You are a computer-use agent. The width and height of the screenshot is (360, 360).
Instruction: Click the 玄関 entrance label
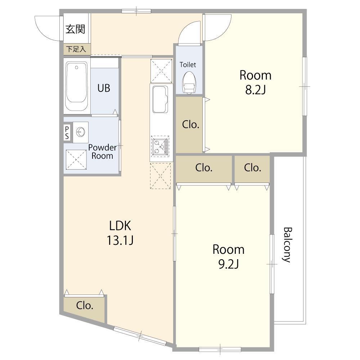pyautogui.click(x=75, y=29)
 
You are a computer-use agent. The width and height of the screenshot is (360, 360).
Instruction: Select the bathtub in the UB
pyautogui.click(x=77, y=86)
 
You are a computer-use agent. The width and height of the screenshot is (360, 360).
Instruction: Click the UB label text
pyautogui.click(x=104, y=88)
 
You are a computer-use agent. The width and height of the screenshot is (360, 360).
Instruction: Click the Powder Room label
pyautogui.click(x=102, y=152)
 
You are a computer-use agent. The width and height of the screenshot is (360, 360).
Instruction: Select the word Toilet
pyautogui.click(x=188, y=65)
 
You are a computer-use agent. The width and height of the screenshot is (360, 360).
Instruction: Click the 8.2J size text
pyautogui.click(x=255, y=90)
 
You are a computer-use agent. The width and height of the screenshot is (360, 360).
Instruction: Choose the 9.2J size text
pyautogui.click(x=228, y=265)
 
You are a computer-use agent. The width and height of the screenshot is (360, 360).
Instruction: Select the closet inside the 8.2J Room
pyautogui.click(x=190, y=125)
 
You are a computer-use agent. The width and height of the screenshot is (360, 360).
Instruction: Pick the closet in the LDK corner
pyautogui.click(x=85, y=306)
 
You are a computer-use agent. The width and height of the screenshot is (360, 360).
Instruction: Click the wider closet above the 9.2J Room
pyautogui.click(x=204, y=168)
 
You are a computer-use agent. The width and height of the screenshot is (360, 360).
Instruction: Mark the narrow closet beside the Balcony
pyautogui.click(x=252, y=168)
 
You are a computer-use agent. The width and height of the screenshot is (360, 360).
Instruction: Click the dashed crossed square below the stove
pyautogui.click(x=160, y=175)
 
